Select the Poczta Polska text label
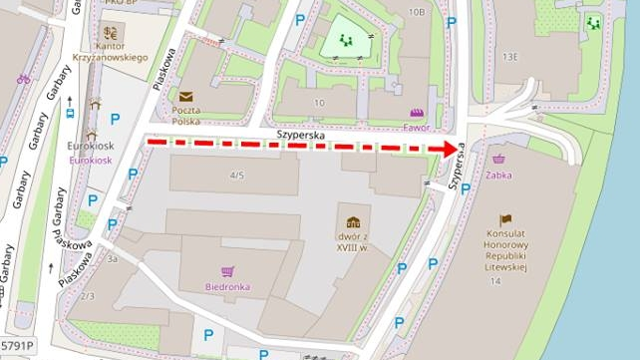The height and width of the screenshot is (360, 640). pos(185,114)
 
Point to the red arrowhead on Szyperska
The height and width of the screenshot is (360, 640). pos(445,150)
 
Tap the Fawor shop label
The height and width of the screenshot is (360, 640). pos(418,127)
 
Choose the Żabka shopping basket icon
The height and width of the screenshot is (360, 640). pos(499,159)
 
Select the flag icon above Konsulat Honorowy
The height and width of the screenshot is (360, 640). pos(505,219)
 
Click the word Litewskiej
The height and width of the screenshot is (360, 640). pos(505,267)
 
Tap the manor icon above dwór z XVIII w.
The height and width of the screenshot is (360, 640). pos(353,221)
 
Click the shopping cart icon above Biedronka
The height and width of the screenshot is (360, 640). pos(228,270)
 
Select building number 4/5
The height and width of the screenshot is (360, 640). pos(237,176)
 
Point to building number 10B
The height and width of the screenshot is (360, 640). pos(417,13)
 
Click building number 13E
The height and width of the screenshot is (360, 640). pos(510,57)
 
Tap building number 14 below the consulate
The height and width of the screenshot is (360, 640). pos(495,282)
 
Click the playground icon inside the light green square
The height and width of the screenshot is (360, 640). pos(347,40)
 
